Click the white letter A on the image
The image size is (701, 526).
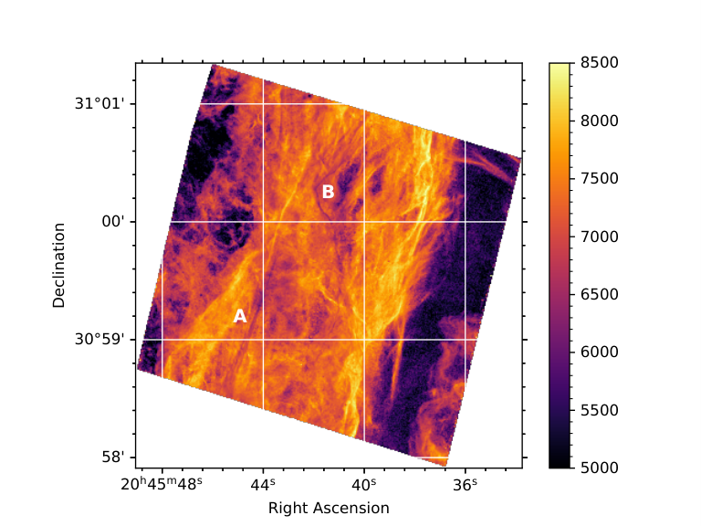point(240,316)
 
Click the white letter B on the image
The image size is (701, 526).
point(329,192)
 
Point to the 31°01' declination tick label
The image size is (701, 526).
point(99,104)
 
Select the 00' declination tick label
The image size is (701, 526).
point(112,221)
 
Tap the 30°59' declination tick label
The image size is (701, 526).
point(99,340)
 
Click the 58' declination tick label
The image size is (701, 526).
point(112,458)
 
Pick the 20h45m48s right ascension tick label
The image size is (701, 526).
point(162,484)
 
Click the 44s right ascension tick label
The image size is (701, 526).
point(263,484)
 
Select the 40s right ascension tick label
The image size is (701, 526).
point(364,484)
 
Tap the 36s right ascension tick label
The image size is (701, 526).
point(465,484)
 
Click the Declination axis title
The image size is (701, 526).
point(59,266)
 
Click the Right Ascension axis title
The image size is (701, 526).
point(329,508)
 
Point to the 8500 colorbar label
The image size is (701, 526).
point(600,63)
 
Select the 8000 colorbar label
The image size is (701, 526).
point(600,121)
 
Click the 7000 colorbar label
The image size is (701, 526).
point(600,237)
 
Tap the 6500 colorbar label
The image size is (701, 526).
point(600,294)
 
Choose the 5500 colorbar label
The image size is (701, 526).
point(600,410)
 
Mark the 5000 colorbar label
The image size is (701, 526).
point(600,468)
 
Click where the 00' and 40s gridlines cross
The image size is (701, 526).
point(364,222)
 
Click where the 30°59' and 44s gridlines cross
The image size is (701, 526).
point(263,340)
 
